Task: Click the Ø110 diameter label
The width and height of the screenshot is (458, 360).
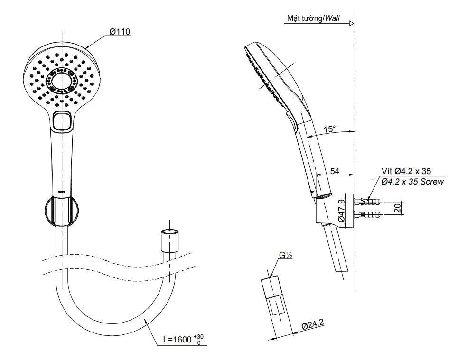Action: click(120, 32)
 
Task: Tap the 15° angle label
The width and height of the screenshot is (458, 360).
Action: click(329, 129)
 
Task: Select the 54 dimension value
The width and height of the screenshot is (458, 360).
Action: click(334, 171)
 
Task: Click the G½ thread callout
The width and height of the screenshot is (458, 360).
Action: click(285, 256)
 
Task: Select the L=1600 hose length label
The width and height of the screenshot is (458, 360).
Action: click(183, 339)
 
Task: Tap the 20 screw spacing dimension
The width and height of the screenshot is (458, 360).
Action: click(397, 208)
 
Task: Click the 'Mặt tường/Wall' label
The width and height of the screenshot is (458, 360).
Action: click(313, 18)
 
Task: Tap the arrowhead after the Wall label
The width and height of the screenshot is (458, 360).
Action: click(351, 23)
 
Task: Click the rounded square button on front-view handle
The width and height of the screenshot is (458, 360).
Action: click(62, 120)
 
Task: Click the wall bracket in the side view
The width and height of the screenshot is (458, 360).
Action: click(335, 209)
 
